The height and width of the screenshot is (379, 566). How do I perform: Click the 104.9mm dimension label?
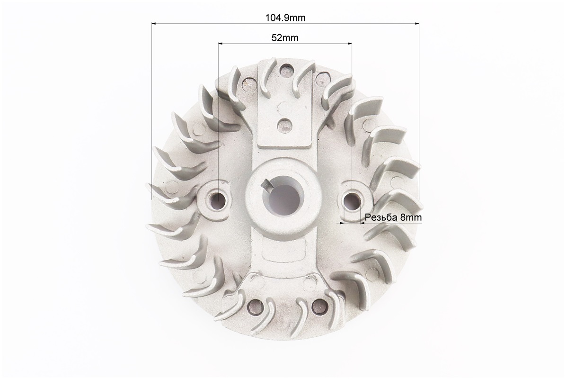coord(285,18)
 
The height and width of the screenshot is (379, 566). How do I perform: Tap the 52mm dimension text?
coord(285,37)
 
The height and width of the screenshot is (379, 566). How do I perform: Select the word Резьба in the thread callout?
coord(381,217)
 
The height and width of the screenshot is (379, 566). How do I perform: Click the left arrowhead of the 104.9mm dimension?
coord(154,24)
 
